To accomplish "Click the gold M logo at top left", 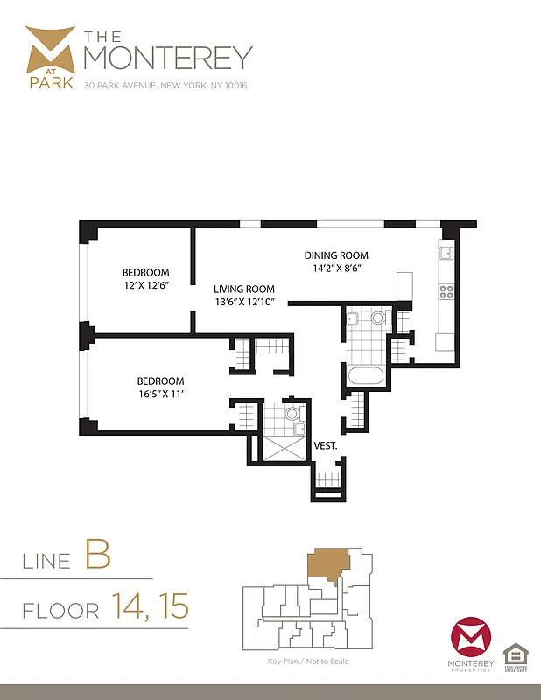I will click(x=51, y=52).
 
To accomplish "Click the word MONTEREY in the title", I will click(x=167, y=58).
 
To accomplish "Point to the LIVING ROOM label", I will click(x=244, y=289).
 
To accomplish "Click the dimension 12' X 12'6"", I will click(x=145, y=285).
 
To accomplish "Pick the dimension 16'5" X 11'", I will click(x=160, y=394).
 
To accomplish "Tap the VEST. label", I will click(x=326, y=445).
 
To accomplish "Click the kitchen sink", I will click(x=445, y=254).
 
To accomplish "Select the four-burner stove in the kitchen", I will click(x=446, y=292).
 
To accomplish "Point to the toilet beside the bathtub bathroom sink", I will click(x=378, y=318).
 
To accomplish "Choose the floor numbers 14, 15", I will click(x=150, y=605).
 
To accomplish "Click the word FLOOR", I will click(x=60, y=609).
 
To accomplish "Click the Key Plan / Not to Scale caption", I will click(x=307, y=661).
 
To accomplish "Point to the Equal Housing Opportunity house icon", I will click(x=515, y=654).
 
